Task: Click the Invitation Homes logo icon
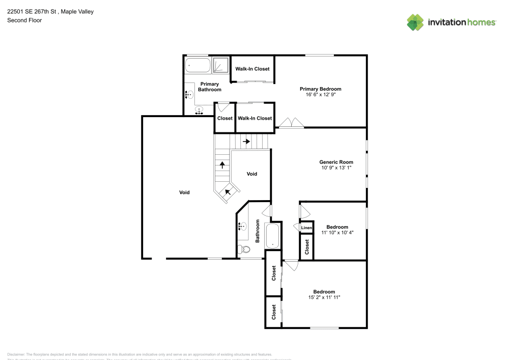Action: click(x=415, y=22)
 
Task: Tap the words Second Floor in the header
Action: click(x=24, y=20)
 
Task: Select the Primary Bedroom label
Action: click(x=320, y=89)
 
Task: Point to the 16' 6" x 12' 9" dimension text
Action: click(x=320, y=94)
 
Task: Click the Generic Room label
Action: click(x=336, y=162)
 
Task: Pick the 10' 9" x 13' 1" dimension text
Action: click(x=336, y=168)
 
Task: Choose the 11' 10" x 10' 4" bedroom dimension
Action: click(x=337, y=232)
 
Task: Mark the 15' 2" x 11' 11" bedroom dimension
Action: click(x=324, y=297)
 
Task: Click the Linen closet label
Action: click(x=306, y=228)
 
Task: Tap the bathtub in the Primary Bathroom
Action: click(x=197, y=65)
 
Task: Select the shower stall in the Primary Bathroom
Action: click(x=220, y=65)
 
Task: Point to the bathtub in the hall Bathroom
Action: click(x=273, y=236)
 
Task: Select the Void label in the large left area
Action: click(x=184, y=192)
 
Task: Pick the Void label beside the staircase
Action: click(x=251, y=174)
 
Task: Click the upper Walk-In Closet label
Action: click(x=252, y=69)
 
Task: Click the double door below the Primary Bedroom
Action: click(x=291, y=123)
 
